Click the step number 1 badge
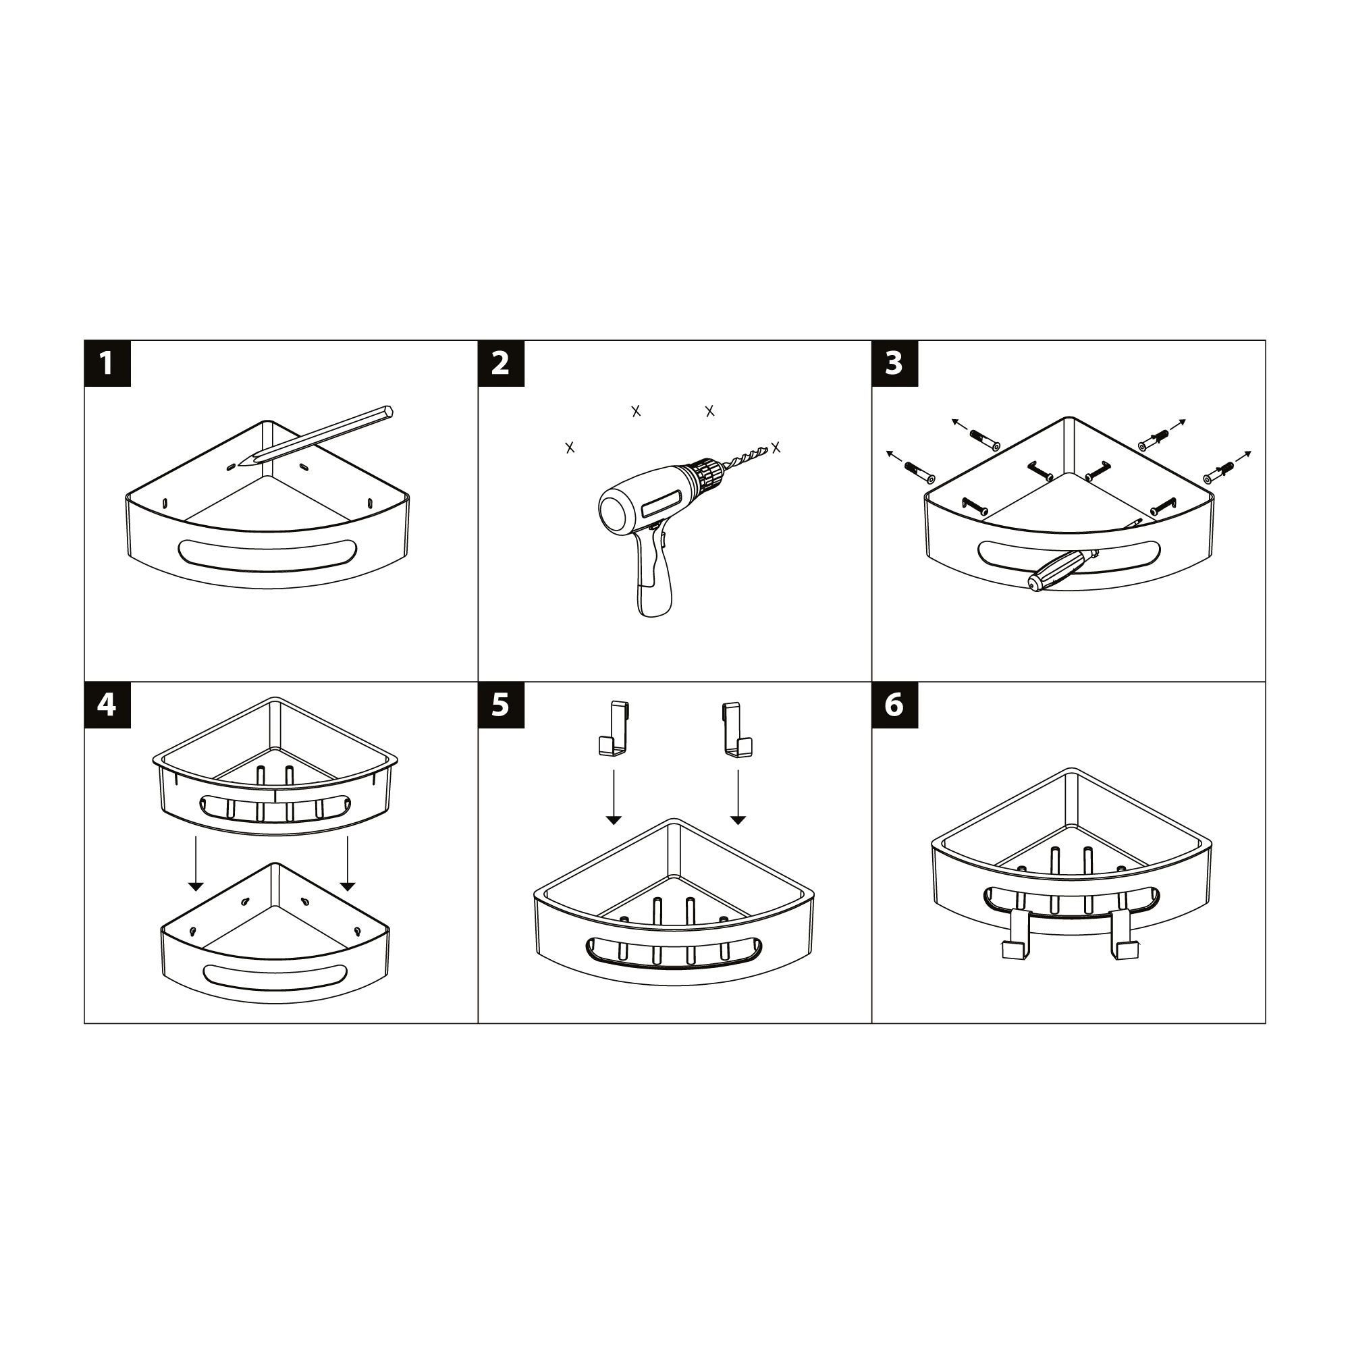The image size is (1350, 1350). click(107, 363)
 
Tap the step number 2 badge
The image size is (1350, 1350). click(501, 363)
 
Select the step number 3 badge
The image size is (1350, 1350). click(894, 363)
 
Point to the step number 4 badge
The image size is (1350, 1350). click(107, 705)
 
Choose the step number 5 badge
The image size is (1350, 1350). click(501, 705)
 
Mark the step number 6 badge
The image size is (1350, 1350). click(894, 705)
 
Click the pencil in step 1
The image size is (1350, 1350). click(316, 436)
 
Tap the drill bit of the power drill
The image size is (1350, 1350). click(747, 456)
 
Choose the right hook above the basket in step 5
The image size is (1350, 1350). click(736, 730)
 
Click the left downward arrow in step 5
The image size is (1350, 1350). click(614, 797)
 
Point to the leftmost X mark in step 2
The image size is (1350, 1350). click(570, 448)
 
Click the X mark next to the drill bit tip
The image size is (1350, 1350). click(776, 448)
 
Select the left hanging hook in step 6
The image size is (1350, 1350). click(1014, 934)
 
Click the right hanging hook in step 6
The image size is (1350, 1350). click(1125, 934)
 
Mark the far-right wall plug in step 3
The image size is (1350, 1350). click(1219, 473)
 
